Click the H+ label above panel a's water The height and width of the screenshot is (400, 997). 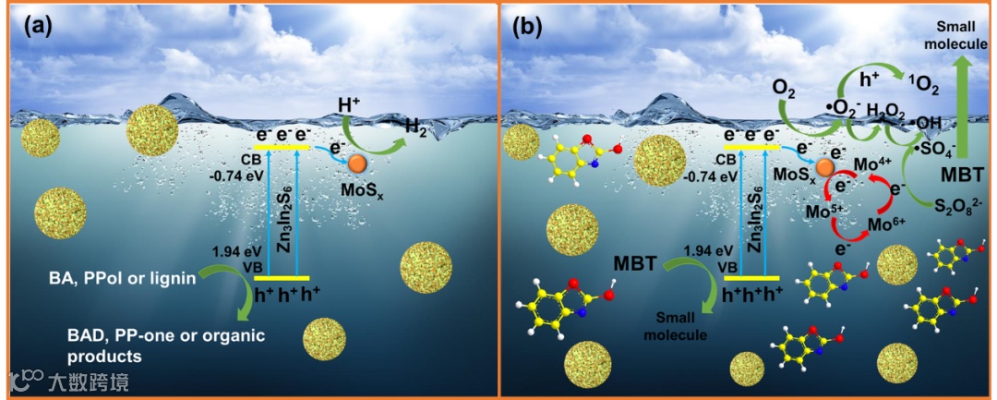click(x=349, y=107)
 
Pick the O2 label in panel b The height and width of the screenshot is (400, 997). click(x=784, y=91)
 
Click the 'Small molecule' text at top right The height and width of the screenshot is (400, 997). click(x=952, y=37)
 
